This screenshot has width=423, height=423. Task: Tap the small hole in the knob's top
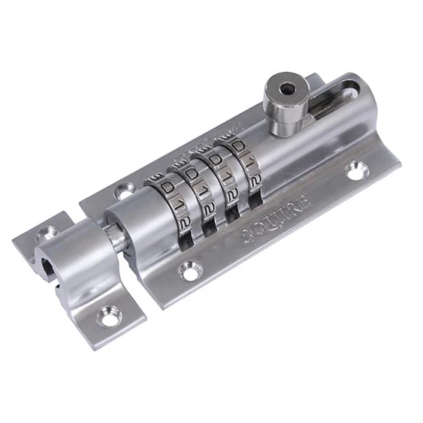286,88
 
